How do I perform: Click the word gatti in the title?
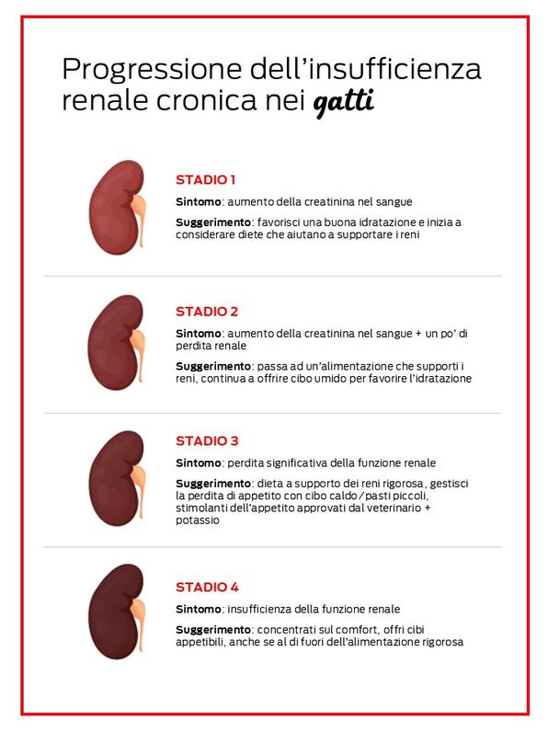pos(343,101)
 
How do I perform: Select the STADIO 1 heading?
pos(206,179)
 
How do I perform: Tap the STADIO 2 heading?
pos(207,311)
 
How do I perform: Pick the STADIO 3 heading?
pos(207,440)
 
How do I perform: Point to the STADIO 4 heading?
pos(207,587)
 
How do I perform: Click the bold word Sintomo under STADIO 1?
pos(197,201)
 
